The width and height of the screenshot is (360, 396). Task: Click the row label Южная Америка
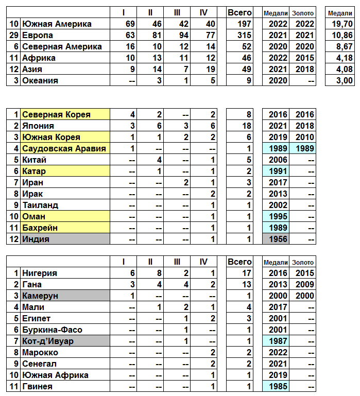tap(57, 24)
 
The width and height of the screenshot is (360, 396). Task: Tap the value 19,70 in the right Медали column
tap(341, 24)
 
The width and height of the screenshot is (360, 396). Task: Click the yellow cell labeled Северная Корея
tap(65, 114)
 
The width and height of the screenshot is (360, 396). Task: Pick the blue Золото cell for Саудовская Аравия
tap(302, 148)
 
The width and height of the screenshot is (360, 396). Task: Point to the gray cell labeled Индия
tap(65, 239)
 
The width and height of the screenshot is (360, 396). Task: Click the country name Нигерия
tap(40, 273)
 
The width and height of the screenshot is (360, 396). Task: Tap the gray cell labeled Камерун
tap(65, 296)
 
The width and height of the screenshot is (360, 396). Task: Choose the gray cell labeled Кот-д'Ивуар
tap(65, 341)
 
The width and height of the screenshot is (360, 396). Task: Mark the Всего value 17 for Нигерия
tap(244, 273)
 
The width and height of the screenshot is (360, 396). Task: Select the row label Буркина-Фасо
tap(52, 330)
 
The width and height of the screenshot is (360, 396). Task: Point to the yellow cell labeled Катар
tap(65, 171)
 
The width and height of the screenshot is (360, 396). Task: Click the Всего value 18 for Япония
tap(244, 126)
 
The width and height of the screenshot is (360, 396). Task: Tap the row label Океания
tap(40, 80)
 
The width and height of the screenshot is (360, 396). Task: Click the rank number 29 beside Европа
tap(14, 35)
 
